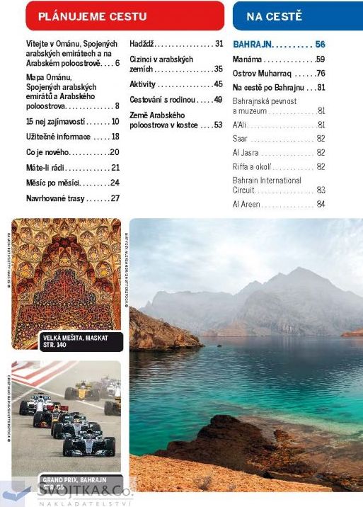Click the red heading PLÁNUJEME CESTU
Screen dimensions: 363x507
(x=83, y=16)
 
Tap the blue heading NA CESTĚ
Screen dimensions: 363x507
(x=274, y=16)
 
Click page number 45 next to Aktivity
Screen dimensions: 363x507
(x=218, y=84)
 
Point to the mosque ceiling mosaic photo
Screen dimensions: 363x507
(x=67, y=276)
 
